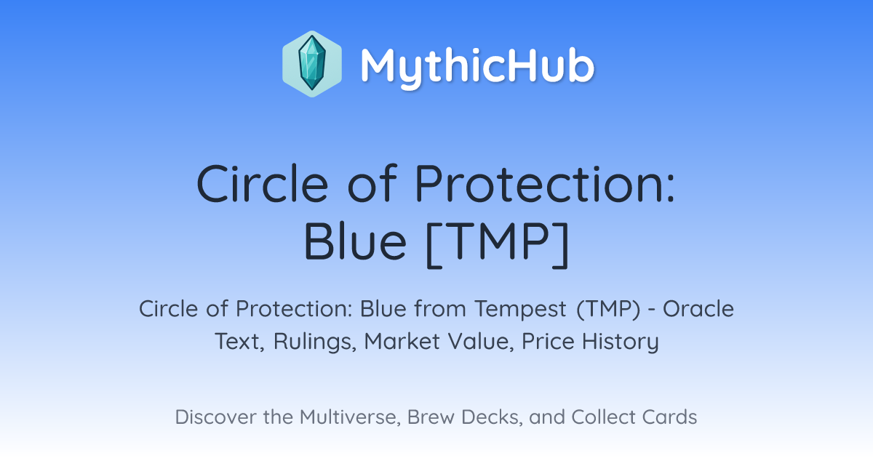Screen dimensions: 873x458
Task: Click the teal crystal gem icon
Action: pos(312,64)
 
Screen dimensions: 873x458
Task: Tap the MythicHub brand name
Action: pos(477,67)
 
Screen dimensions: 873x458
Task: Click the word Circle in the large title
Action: pos(263,183)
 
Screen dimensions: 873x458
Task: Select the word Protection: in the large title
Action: pos(545,183)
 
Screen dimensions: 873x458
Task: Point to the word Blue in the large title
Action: pos(355,241)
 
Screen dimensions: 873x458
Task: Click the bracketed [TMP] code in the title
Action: pos(498,244)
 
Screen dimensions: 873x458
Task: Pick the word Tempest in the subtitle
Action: pos(520,310)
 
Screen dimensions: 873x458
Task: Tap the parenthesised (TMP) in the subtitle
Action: pos(608,309)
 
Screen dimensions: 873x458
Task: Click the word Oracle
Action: pos(698,309)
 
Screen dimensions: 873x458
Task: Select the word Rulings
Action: pos(315,342)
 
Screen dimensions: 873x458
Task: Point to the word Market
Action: pos(402,341)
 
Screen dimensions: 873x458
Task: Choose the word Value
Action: pos(481,341)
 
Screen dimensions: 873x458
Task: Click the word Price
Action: pos(548,341)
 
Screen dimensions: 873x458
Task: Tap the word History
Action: pos(621,342)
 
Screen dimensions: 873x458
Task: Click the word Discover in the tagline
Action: pos(216,417)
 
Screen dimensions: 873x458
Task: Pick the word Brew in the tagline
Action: pos(431,417)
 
